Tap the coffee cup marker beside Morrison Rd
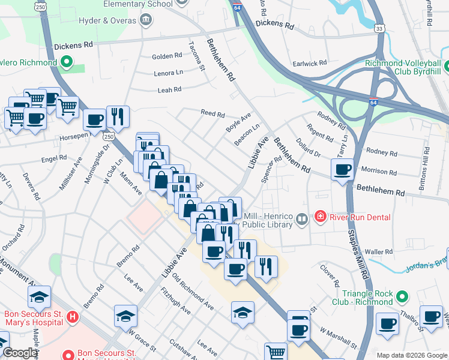[343, 170]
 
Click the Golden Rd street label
[167, 56]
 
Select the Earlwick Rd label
[309, 62]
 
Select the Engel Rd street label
[54, 158]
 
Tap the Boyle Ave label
[238, 124]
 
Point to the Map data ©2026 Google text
[411, 355]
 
